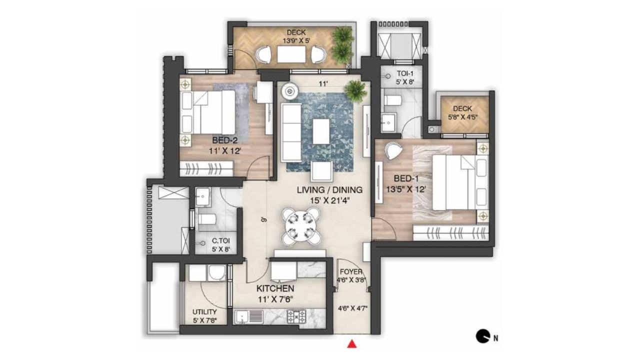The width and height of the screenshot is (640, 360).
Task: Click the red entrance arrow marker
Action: (x=352, y=343)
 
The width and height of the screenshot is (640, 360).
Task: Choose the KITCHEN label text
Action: (x=274, y=289)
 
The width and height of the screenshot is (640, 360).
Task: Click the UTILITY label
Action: (x=204, y=311)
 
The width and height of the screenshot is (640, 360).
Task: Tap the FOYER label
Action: (x=353, y=272)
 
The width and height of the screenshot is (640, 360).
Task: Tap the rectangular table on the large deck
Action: (x=291, y=54)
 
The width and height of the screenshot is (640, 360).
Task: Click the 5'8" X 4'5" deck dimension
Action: (x=462, y=118)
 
